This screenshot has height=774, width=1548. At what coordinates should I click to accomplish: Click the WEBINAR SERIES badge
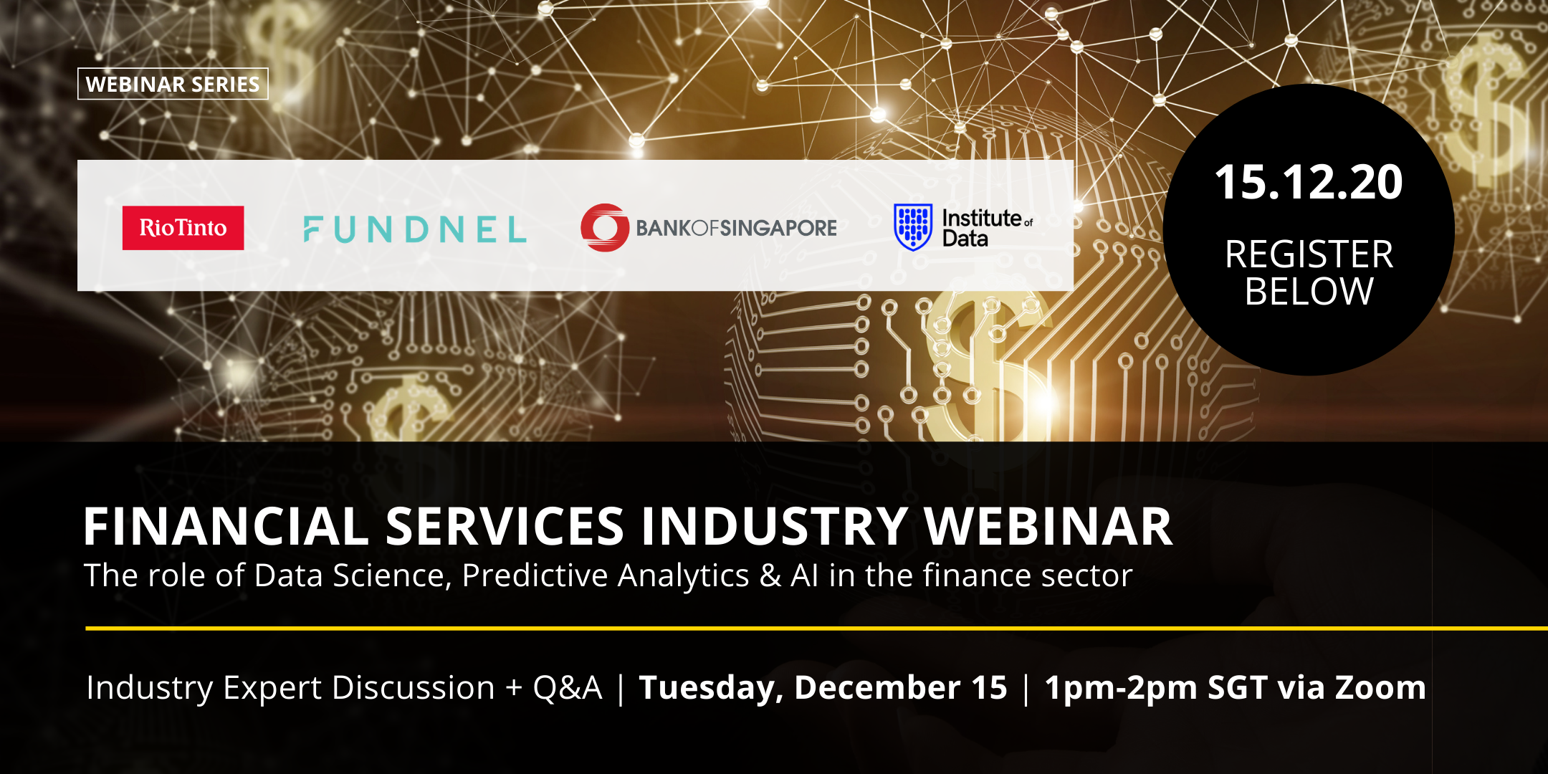coord(173,84)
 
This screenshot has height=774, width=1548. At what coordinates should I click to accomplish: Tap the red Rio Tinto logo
coord(183,228)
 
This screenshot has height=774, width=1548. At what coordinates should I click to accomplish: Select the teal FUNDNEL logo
coord(415,229)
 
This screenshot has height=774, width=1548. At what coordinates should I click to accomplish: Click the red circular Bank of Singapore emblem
coord(605,227)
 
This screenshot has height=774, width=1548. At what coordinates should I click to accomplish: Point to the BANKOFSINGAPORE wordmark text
coord(736,228)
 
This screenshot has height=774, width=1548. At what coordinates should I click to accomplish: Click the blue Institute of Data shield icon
coord(913,226)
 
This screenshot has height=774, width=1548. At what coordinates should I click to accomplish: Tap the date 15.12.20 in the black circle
coord(1309,182)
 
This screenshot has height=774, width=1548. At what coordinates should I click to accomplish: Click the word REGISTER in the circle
coord(1309,254)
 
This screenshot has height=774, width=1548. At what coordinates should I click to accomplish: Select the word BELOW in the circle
coord(1309,291)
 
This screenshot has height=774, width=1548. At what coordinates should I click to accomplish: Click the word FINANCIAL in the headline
coord(226,526)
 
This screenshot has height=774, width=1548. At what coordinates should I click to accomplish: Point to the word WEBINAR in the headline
coord(1048,526)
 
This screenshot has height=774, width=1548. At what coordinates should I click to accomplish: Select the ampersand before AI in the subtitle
coord(770,575)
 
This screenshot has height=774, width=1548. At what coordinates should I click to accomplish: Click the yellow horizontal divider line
coord(816,629)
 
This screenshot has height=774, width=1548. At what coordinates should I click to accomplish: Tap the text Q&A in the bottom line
coord(568,688)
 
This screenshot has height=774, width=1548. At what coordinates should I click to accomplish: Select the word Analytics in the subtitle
coord(684,575)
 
